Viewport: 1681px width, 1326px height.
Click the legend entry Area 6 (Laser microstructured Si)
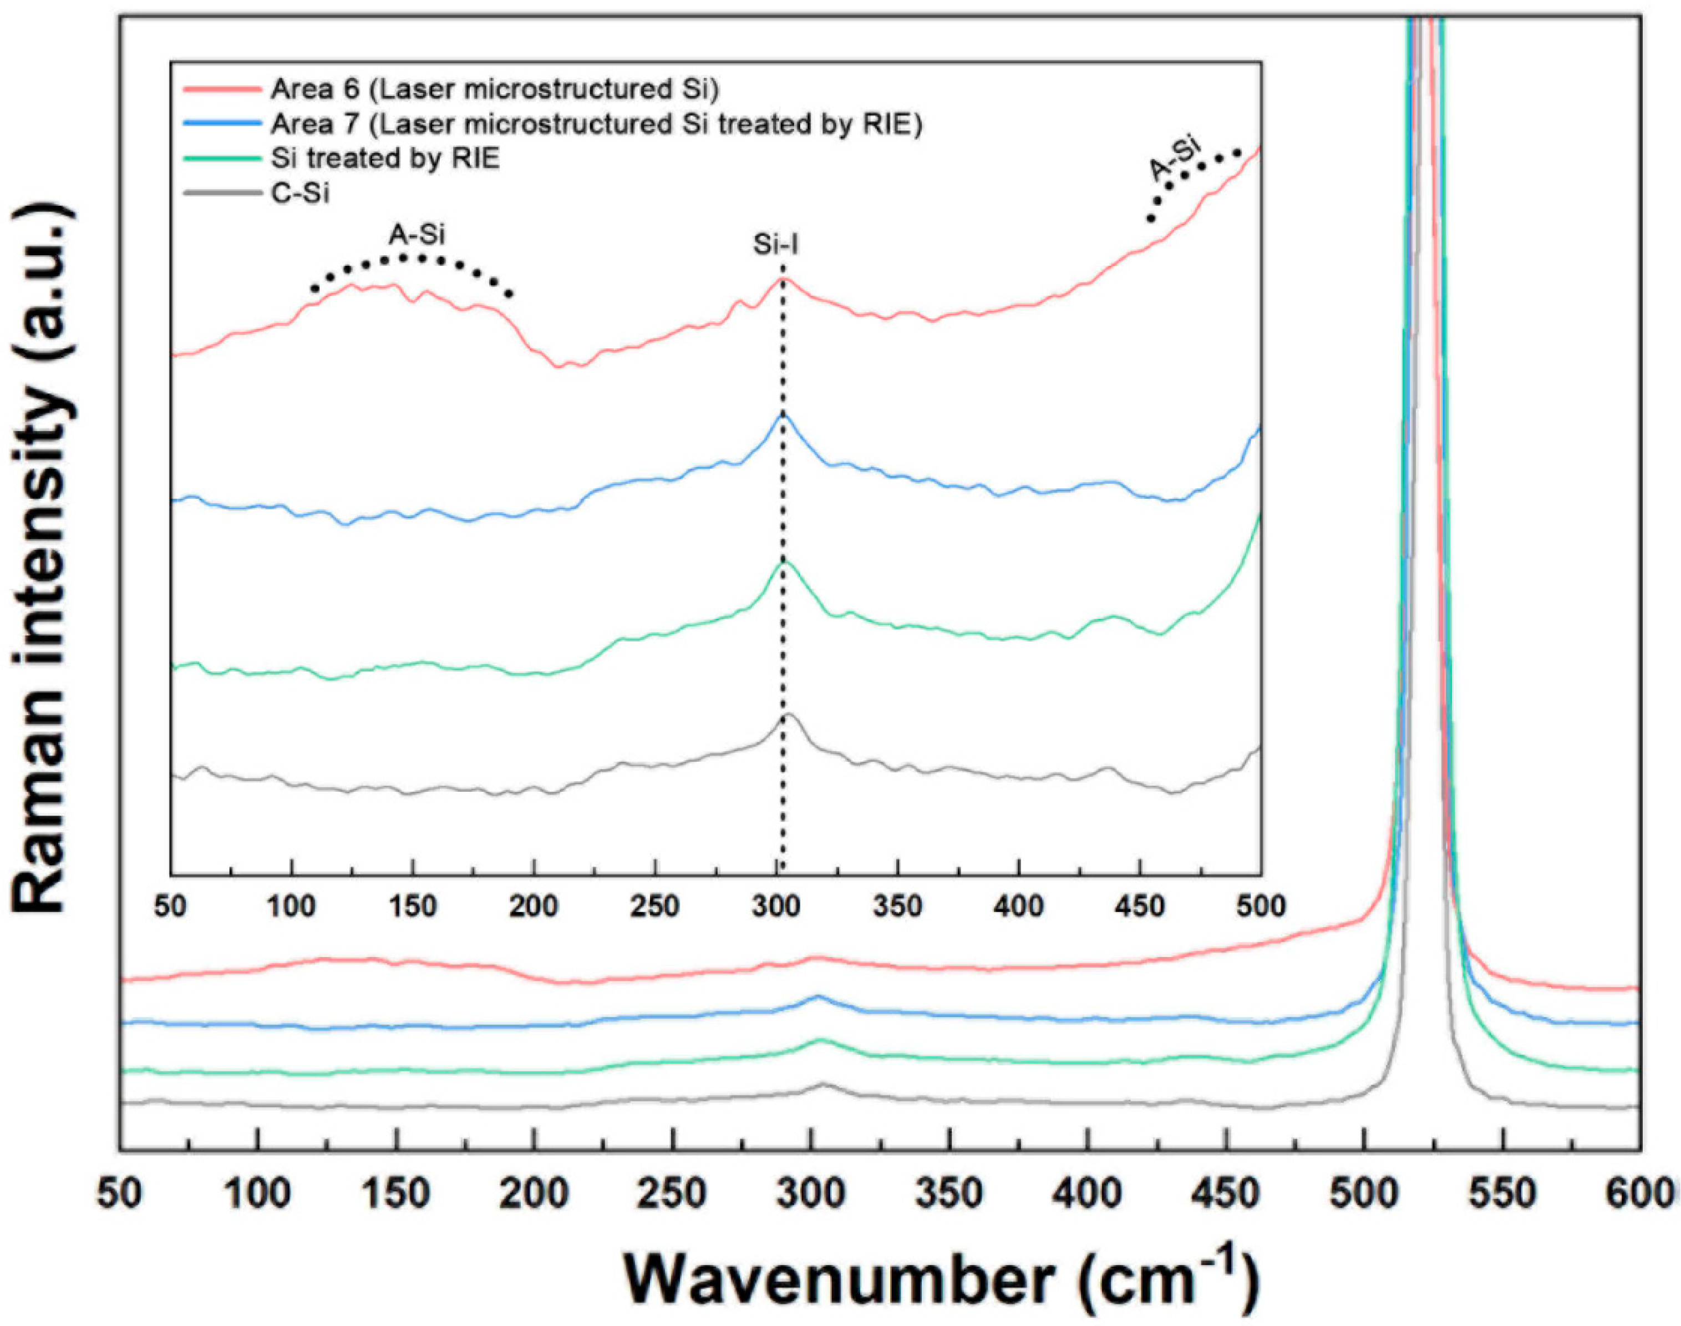point(494,89)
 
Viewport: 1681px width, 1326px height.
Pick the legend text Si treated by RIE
point(385,158)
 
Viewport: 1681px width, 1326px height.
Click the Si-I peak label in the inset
point(776,245)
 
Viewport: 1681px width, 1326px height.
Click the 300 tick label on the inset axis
point(776,906)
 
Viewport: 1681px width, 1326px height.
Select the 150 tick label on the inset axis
point(412,906)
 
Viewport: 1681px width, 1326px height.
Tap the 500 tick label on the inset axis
point(1259,906)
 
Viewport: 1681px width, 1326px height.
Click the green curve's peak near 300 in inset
point(783,560)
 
